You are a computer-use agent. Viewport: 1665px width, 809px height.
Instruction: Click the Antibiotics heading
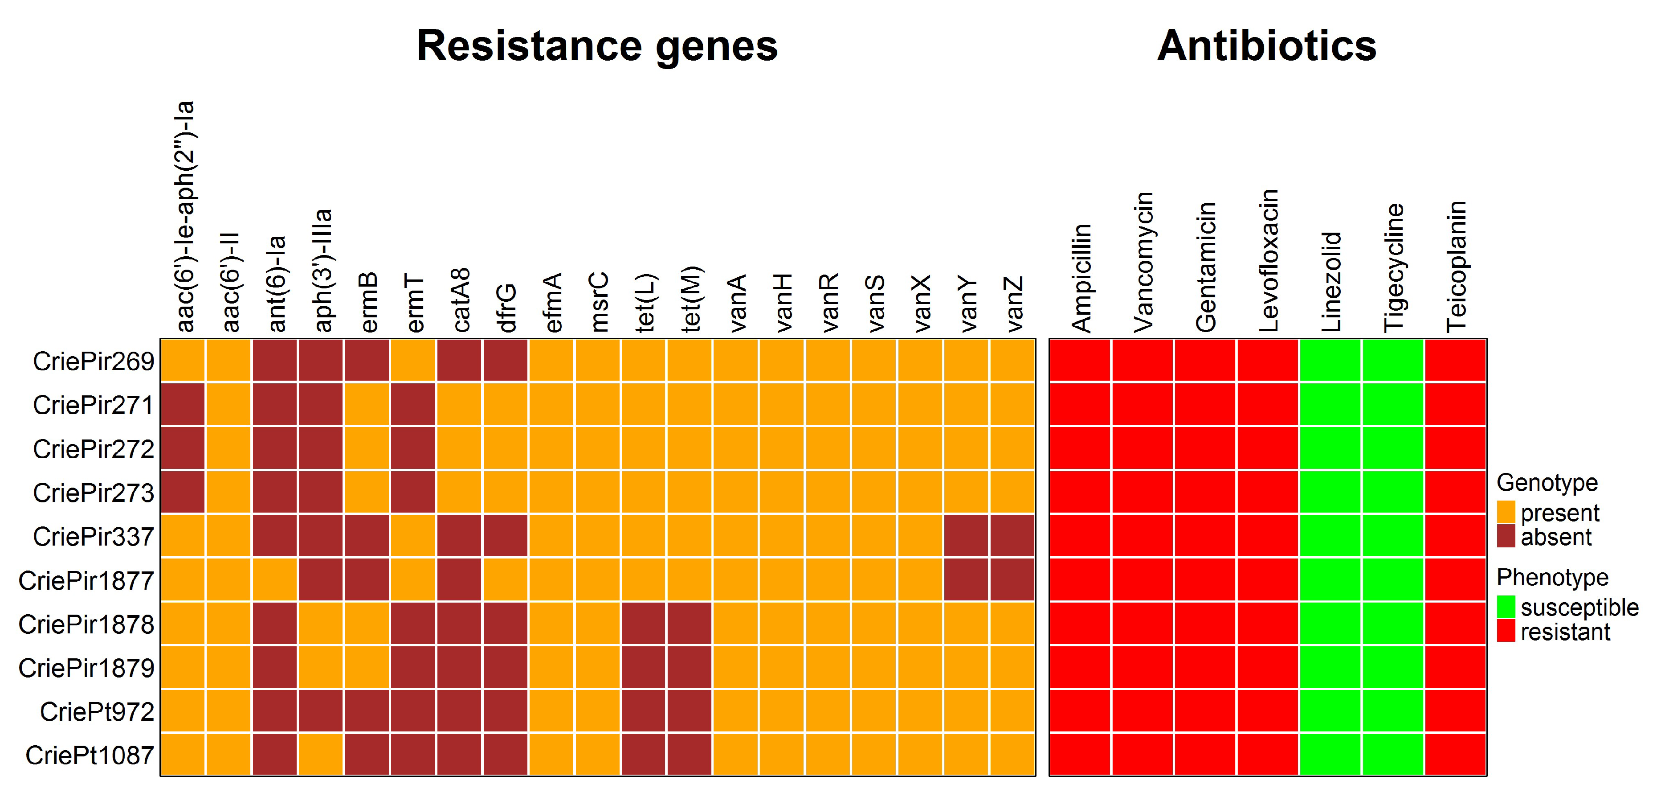[x=1266, y=46]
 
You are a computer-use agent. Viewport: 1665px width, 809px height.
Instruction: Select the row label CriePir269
[x=94, y=361]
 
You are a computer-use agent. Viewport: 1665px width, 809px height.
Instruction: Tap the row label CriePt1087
[x=90, y=755]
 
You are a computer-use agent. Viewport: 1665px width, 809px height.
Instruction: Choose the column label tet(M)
[x=690, y=298]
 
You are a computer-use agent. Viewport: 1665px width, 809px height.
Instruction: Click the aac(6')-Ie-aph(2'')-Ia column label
[x=185, y=216]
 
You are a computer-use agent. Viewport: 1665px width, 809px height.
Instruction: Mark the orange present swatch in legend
[x=1506, y=512]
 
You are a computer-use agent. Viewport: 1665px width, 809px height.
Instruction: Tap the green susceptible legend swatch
[x=1506, y=607]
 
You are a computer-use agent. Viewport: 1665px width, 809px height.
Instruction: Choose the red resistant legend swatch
[x=1506, y=631]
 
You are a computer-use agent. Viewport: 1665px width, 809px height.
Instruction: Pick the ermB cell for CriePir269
[x=367, y=361]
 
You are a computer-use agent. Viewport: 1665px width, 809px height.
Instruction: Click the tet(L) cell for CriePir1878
[x=644, y=624]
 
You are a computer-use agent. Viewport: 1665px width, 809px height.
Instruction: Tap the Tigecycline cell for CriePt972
[x=1393, y=711]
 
